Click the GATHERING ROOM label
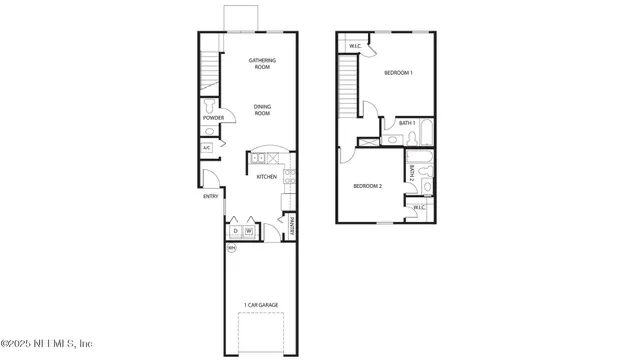262,64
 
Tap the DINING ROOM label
262,111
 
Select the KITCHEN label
266,177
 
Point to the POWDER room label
213,119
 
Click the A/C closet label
207,148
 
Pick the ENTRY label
210,196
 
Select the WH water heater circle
231,248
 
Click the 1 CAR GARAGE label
260,304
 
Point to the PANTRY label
292,228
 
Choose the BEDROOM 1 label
399,73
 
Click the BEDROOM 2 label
367,186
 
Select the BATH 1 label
406,123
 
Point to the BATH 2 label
410,173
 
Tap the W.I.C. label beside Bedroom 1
355,46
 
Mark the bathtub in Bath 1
427,133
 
